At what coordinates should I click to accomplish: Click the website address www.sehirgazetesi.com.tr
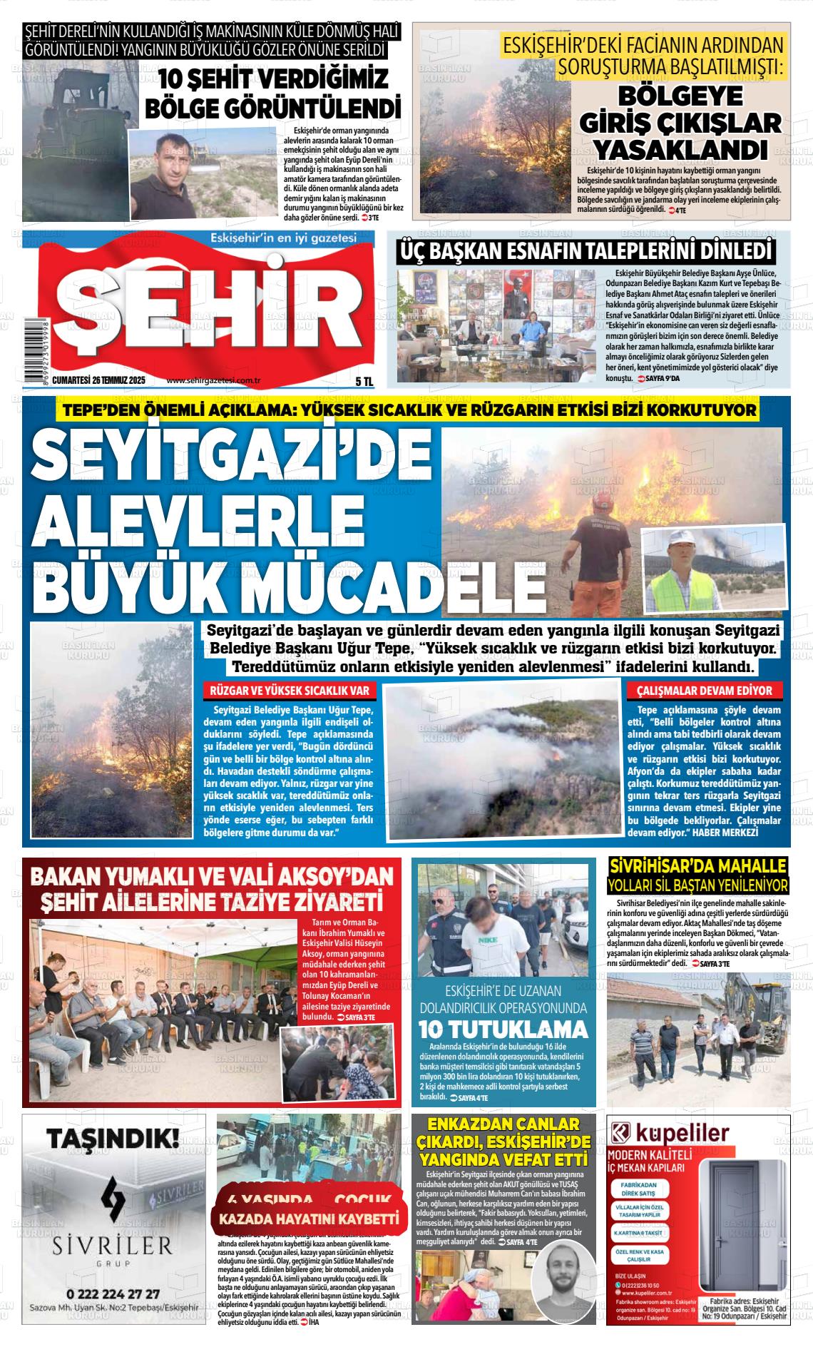click(213, 381)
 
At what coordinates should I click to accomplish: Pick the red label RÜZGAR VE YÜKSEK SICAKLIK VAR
click(290, 691)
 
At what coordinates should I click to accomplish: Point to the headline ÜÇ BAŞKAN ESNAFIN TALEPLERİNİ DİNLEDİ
click(585, 250)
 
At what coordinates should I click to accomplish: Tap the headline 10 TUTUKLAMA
click(503, 1030)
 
